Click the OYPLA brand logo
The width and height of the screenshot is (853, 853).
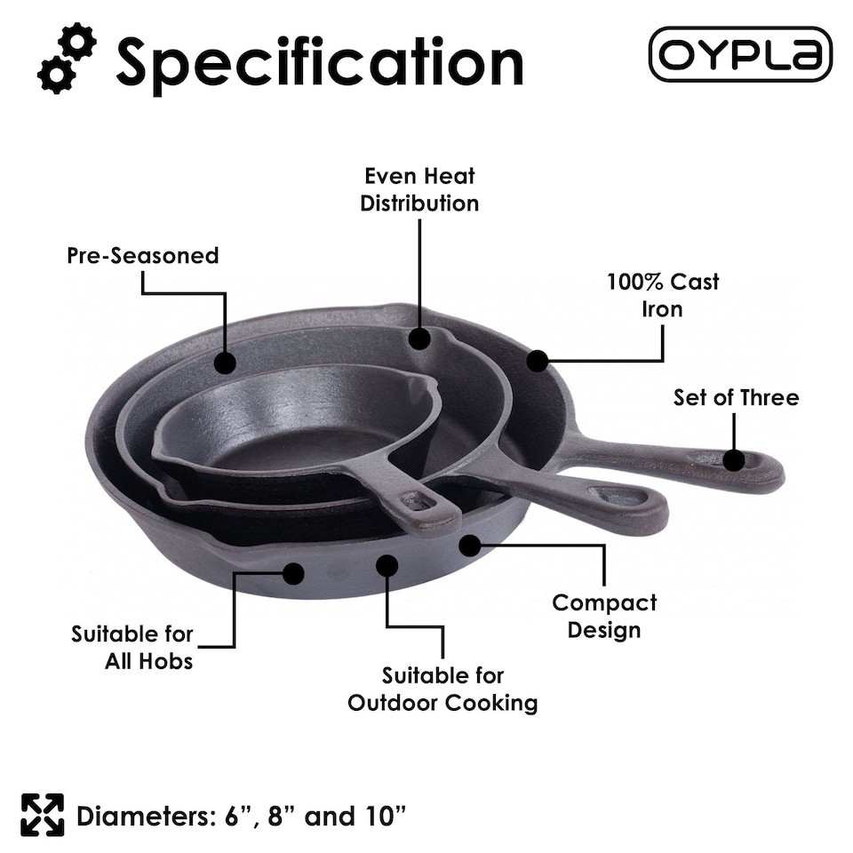pyautogui.click(x=740, y=54)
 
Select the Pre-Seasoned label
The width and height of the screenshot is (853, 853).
pyautogui.click(x=142, y=256)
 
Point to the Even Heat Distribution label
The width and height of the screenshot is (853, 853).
pyautogui.click(x=419, y=189)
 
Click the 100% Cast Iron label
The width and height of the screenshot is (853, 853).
pyautogui.click(x=663, y=295)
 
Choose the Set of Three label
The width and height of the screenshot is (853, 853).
pyautogui.click(x=736, y=397)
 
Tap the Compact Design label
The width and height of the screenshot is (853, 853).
pyautogui.click(x=604, y=616)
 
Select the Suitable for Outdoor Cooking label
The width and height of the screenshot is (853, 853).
pyautogui.click(x=442, y=690)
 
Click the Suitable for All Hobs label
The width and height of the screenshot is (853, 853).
pyautogui.click(x=132, y=648)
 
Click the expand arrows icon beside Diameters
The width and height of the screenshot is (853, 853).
pyautogui.click(x=43, y=815)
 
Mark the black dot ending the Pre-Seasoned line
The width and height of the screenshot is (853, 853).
pyautogui.click(x=226, y=363)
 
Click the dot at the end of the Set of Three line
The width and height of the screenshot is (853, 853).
pyautogui.click(x=734, y=460)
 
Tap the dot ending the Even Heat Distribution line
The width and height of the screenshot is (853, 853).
pyautogui.click(x=419, y=338)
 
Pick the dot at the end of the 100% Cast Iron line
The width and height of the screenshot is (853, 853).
pyautogui.click(x=537, y=361)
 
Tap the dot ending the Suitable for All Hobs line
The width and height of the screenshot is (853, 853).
pyautogui.click(x=293, y=574)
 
